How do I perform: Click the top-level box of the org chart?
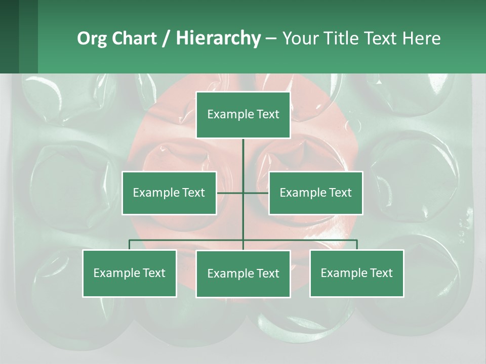tap(243, 115)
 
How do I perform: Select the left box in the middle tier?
tap(169, 193)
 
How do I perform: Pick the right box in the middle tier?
tap(315, 193)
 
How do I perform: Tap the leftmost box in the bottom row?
tap(130, 273)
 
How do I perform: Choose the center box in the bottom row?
tap(243, 274)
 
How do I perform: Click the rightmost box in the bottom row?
tap(356, 273)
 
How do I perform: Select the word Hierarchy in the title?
tap(218, 38)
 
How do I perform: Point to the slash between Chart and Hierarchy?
tap(166, 38)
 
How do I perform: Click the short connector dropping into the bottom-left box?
tap(130, 245)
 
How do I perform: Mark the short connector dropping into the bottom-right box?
tap(357, 245)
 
